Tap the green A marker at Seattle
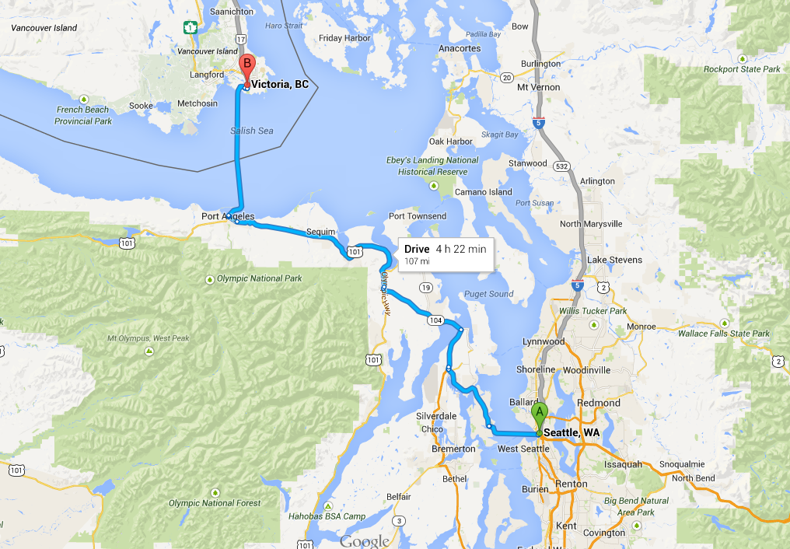coord(540,414)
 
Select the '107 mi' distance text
coord(417,261)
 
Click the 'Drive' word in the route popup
coord(417,249)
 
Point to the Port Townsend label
coord(418,216)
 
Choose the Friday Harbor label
coord(341,37)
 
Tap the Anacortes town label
coord(460,48)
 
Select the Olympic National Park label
coord(260,278)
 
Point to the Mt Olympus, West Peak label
coord(149,339)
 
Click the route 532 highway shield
coord(561,166)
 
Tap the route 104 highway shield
coord(434,320)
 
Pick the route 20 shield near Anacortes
coord(506,77)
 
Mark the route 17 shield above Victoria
coord(242,38)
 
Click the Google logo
coord(365,541)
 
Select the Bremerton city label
coord(453,449)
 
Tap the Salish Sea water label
coord(252,131)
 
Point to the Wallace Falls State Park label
coord(724,334)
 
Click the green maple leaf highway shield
coord(189,28)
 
